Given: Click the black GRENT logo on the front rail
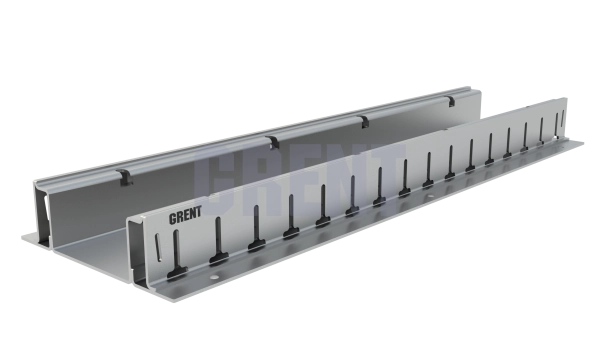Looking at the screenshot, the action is point(185,215).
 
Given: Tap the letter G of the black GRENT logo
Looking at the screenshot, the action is point(172,218).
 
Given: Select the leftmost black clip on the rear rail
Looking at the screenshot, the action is point(126,177).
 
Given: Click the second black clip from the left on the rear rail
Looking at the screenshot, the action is point(273,142).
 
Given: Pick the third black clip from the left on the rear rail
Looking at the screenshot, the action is point(365,121).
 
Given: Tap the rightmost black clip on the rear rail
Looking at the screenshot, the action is point(451,101).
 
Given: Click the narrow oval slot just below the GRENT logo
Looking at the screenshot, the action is point(158,247).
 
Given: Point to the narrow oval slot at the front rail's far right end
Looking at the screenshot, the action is point(563,119).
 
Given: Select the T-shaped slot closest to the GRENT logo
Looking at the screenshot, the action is point(177,257).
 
